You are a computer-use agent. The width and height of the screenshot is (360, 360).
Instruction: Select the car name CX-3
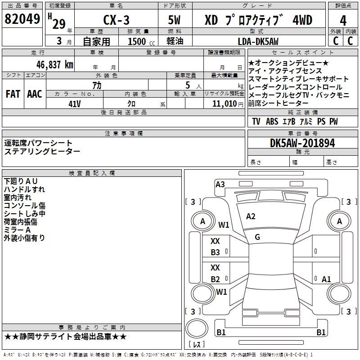click(116, 21)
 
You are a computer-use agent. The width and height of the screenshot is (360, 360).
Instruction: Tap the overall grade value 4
click(343, 21)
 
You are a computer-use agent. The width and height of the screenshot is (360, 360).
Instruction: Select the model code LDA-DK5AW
click(258, 42)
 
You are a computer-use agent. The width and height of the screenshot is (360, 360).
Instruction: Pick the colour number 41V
click(74, 103)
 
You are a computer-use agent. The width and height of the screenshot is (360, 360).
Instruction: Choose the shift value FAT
click(13, 94)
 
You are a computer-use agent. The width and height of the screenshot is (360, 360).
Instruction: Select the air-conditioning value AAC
click(34, 94)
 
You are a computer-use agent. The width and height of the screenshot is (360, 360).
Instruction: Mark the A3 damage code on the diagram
click(220, 184)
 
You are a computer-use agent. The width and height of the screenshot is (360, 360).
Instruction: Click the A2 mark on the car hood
click(251, 216)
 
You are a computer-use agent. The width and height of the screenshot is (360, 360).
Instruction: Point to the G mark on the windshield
click(257, 237)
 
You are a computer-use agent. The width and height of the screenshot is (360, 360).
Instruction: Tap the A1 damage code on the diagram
click(326, 279)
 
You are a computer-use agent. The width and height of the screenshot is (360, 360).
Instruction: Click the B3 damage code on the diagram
click(216, 252)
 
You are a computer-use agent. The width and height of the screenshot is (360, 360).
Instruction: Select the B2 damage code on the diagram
click(216, 279)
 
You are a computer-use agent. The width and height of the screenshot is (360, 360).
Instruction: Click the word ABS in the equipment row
click(272, 121)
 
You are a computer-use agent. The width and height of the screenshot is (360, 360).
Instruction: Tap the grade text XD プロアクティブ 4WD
click(258, 21)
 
